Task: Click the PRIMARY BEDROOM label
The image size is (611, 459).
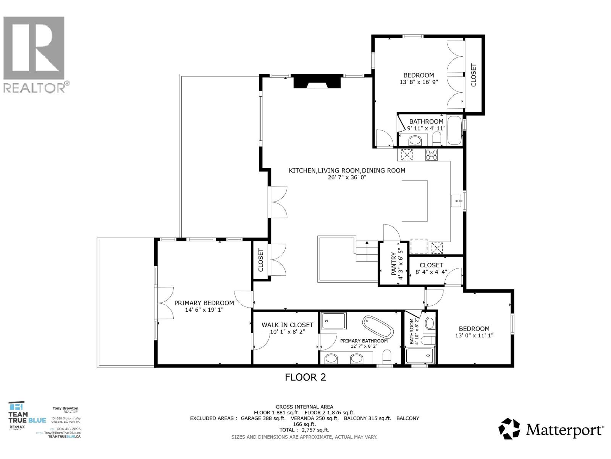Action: (x=204, y=303)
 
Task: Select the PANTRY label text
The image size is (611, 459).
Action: (x=394, y=264)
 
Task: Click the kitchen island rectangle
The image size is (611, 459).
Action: (x=414, y=201)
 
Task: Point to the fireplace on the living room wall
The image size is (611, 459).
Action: (x=317, y=82)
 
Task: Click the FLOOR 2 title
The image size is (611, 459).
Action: (x=305, y=377)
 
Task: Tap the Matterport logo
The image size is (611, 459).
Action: (x=551, y=429)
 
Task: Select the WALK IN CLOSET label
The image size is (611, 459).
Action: (x=287, y=325)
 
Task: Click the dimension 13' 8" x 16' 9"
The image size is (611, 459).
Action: (x=419, y=82)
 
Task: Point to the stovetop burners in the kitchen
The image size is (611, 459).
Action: (x=432, y=155)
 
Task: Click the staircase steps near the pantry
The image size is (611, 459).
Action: (x=367, y=252)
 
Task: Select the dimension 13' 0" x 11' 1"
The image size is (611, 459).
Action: (x=474, y=335)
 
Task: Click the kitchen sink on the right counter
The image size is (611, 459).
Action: (x=456, y=200)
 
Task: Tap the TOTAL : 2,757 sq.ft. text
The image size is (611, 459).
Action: (x=304, y=430)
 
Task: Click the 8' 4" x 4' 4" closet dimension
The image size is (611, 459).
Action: (x=431, y=272)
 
